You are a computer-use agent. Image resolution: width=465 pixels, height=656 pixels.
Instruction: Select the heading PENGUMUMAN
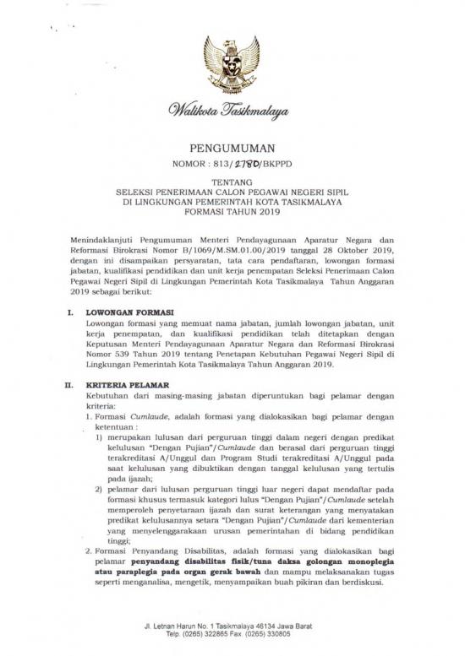coord(232,144)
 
